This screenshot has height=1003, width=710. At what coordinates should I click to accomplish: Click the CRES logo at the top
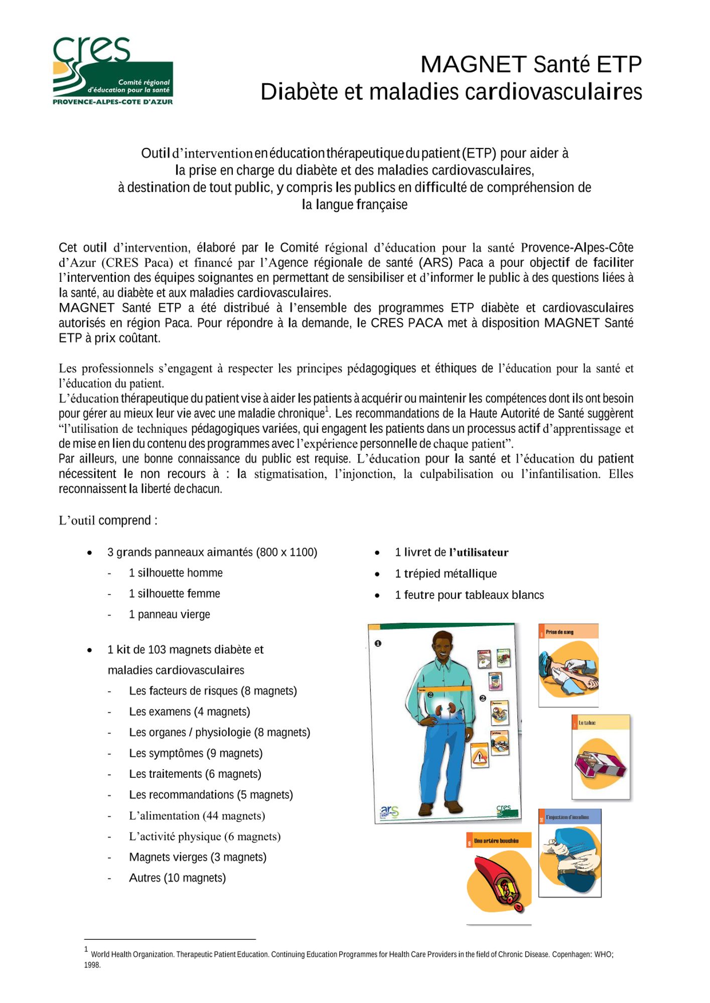(112, 71)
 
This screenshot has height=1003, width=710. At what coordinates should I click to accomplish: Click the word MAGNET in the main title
(473, 65)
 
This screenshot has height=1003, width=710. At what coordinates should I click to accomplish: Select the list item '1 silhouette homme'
(176, 573)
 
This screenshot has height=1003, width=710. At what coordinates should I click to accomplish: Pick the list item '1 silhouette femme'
(174, 594)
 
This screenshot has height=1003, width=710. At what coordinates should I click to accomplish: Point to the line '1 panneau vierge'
(169, 614)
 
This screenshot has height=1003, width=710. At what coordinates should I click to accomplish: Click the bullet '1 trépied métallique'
(446, 574)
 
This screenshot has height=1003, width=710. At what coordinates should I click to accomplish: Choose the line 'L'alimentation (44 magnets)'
(197, 815)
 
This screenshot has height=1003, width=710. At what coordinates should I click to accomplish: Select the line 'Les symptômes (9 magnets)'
(196, 753)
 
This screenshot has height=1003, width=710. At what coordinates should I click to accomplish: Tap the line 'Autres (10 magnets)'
(177, 878)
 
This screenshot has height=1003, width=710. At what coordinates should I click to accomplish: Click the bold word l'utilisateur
(479, 553)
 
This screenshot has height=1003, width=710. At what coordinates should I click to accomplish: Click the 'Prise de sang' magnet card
(568, 665)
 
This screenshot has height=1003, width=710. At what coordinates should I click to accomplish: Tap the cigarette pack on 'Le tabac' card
(600, 763)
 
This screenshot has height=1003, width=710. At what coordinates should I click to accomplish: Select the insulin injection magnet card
(570, 853)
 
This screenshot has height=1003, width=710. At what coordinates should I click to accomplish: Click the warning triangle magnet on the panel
(480, 756)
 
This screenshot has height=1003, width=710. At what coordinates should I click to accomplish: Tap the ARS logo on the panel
(389, 811)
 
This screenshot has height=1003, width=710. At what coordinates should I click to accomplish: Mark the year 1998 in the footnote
(92, 965)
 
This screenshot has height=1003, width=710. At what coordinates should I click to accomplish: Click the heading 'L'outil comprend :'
(108, 521)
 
